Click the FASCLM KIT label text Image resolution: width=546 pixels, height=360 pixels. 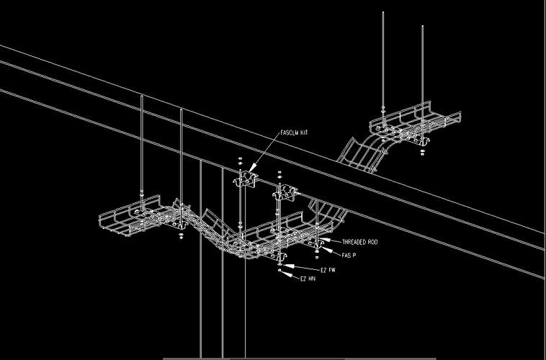pos(294,132)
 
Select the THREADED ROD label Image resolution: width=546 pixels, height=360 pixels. pos(359,242)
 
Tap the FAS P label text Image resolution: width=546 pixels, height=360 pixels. pos(349,255)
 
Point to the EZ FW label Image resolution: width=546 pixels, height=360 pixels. pos(328,270)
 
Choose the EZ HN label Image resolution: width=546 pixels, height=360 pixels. pos(308,279)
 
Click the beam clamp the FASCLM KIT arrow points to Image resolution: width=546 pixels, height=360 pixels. pos(246,179)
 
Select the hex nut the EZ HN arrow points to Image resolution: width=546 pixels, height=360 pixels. pos(279,270)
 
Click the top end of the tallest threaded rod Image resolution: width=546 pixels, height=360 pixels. pos(383,12)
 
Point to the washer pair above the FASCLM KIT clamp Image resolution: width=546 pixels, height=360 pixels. pos(241,161)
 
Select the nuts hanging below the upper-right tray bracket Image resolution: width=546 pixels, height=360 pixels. pos(422,152)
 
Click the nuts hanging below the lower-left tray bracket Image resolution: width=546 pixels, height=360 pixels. pos(181,236)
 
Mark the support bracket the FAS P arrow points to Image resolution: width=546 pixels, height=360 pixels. pos(317,245)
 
